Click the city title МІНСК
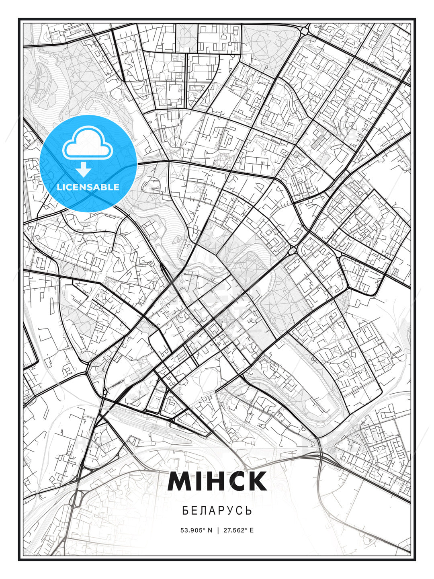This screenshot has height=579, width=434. click(x=217, y=481)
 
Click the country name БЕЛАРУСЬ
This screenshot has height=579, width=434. click(x=217, y=511)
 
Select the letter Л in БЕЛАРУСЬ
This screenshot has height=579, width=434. click(x=204, y=511)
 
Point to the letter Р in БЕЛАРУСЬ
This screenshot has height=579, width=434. click(x=222, y=511)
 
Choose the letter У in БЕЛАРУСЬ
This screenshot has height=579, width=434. click(x=231, y=511)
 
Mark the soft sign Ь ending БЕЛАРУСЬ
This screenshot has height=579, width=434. click(x=249, y=511)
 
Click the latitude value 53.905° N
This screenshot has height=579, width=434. click(x=196, y=530)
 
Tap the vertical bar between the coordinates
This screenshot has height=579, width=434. click(x=217, y=530)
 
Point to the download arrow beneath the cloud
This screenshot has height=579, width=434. click(x=84, y=170)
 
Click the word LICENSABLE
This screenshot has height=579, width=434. click(x=88, y=187)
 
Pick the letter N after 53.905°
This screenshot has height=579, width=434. click(x=210, y=530)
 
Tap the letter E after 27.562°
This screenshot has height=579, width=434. click(x=252, y=530)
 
